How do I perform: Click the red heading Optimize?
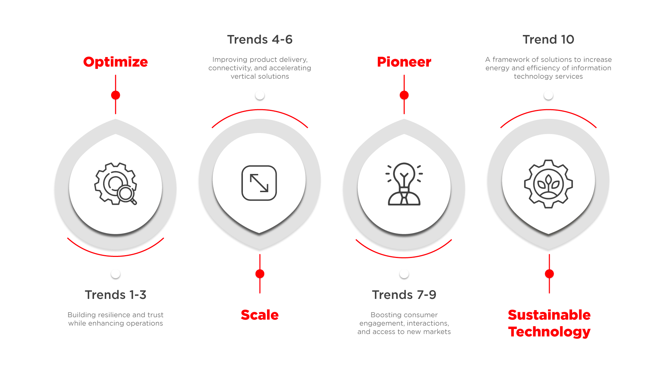115,62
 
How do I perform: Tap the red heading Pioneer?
404,62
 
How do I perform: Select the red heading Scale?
260,315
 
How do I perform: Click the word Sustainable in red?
549,315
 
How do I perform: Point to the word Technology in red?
549,332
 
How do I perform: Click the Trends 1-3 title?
115,295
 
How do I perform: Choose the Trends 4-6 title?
260,40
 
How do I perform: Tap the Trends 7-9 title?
404,295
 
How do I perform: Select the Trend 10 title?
548,40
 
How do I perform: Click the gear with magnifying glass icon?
116,183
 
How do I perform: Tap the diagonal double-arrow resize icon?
259,183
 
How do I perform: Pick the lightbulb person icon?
404,184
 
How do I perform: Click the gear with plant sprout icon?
548,184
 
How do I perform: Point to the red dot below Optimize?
116,95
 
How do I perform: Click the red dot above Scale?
260,274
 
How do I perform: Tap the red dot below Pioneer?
404,95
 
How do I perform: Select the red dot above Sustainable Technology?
549,274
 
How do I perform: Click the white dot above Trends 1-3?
116,274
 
